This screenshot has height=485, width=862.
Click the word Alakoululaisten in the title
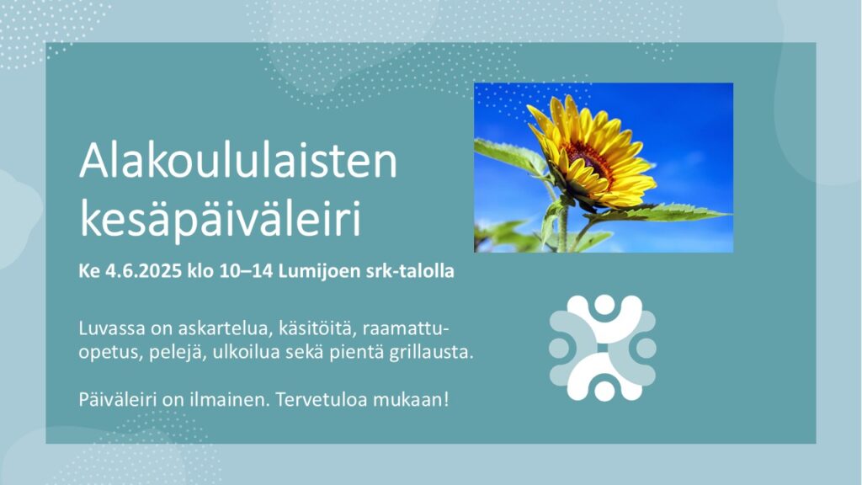point(238,160)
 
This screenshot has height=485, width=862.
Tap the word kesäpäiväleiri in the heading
point(220,218)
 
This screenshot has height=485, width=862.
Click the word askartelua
point(226,329)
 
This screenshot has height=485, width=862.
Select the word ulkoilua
point(242,353)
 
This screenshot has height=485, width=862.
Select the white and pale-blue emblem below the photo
point(603,348)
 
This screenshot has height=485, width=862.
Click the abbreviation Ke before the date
point(88,271)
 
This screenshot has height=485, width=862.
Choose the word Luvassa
point(112,329)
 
